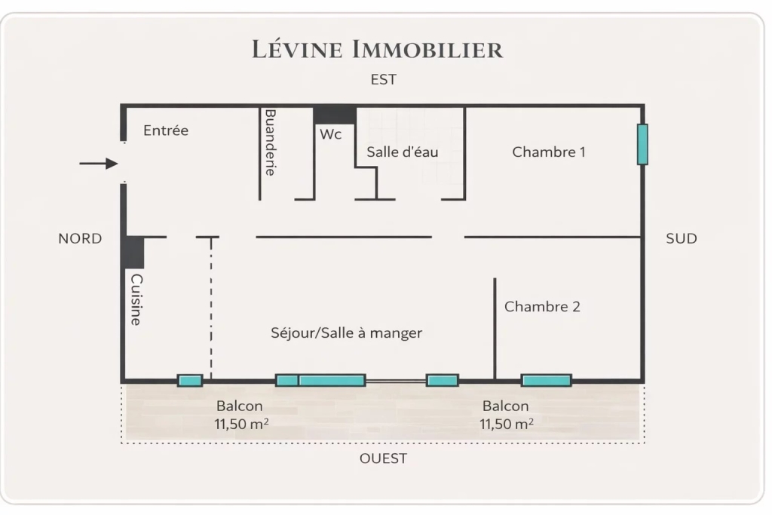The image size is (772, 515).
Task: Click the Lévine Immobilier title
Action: [377, 50]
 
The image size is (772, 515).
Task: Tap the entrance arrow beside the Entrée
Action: [99, 164]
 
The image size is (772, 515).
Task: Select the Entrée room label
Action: [166, 130]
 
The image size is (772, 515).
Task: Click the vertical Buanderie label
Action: [269, 142]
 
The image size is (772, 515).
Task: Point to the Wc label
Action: [331, 134]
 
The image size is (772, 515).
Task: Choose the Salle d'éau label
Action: [403, 152]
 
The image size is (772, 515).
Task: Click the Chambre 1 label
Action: [549, 152]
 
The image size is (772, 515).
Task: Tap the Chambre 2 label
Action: [542, 307]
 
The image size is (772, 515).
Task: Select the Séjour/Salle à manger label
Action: [346, 333]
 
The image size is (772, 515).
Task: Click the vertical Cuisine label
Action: [136, 299]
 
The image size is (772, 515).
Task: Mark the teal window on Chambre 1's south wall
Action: [642, 144]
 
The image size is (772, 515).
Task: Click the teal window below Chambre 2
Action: [546, 380]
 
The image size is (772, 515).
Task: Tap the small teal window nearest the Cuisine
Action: [190, 380]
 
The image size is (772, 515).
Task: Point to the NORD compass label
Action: [80, 239]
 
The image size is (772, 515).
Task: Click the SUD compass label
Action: [682, 239]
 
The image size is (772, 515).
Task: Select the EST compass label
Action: [384, 79]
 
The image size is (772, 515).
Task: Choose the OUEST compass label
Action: [383, 458]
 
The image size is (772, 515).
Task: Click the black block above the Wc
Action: [335, 115]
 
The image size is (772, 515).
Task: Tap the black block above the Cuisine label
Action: [135, 253]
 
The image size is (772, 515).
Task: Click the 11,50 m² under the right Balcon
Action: [507, 424]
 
